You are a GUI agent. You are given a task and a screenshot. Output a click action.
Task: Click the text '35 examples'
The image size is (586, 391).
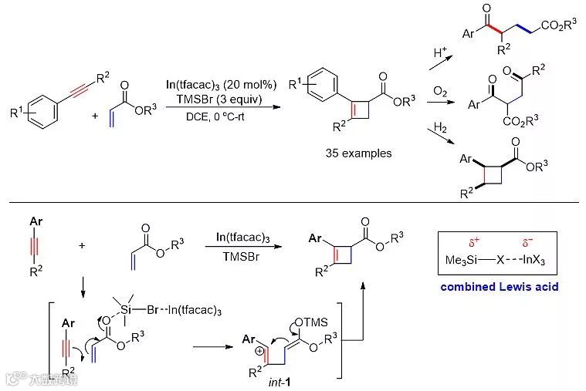click(x=358, y=153)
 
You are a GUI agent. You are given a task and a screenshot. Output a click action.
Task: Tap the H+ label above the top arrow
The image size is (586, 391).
click(x=441, y=53)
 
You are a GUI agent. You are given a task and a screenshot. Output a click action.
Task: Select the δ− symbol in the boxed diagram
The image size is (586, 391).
click(x=529, y=242)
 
